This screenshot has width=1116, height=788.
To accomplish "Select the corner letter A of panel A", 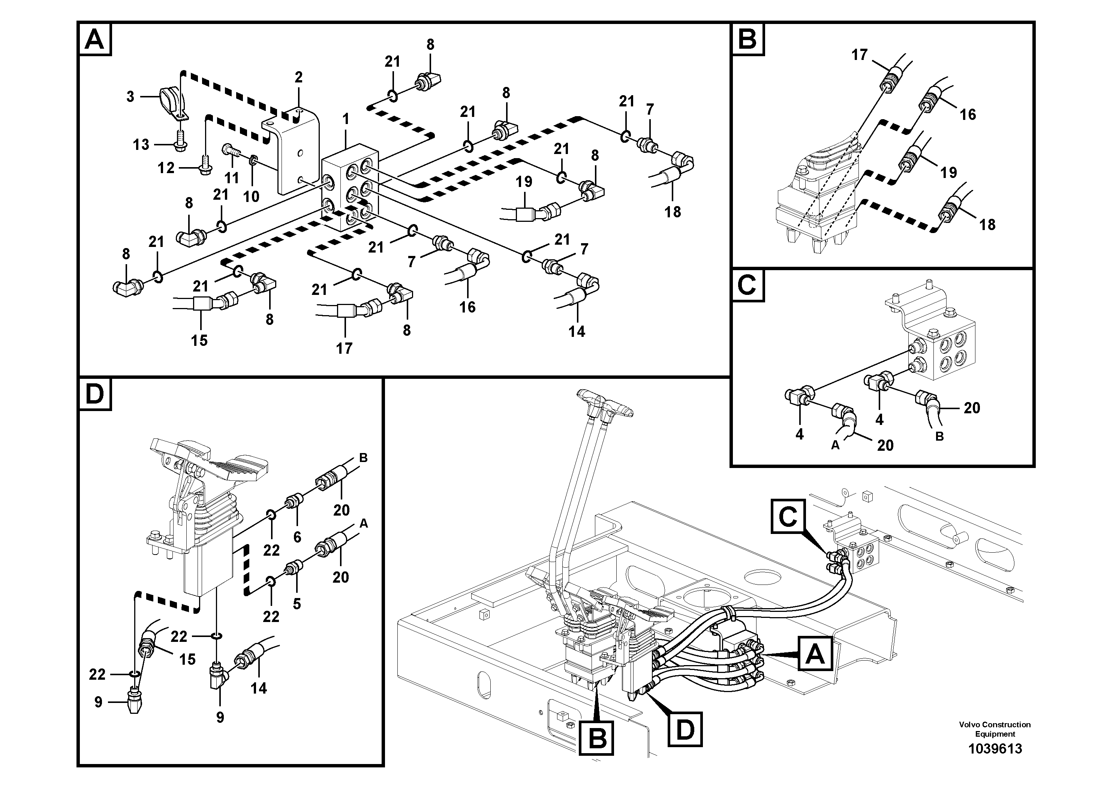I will pyautogui.click(x=94, y=39).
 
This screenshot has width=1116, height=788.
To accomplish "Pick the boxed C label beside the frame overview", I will pyautogui.click(x=788, y=516).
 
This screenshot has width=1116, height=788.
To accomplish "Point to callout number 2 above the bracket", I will pyautogui.click(x=298, y=77).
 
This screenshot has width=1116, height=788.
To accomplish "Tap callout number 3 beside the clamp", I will pyautogui.click(x=130, y=97).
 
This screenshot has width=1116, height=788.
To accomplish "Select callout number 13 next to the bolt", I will pyautogui.click(x=141, y=144).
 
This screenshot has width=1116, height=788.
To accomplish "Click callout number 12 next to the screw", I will pyautogui.click(x=166, y=168).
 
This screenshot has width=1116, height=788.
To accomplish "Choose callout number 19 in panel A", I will pyautogui.click(x=524, y=182).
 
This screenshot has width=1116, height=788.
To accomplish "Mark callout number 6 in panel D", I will pyautogui.click(x=297, y=537).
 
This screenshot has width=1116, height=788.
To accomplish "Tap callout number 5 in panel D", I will pyautogui.click(x=297, y=604).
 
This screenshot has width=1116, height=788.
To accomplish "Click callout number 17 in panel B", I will pyautogui.click(x=859, y=55).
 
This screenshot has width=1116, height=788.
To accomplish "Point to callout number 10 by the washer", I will pyautogui.click(x=251, y=196).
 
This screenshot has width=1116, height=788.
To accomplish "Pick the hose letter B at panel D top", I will pyautogui.click(x=363, y=458).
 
